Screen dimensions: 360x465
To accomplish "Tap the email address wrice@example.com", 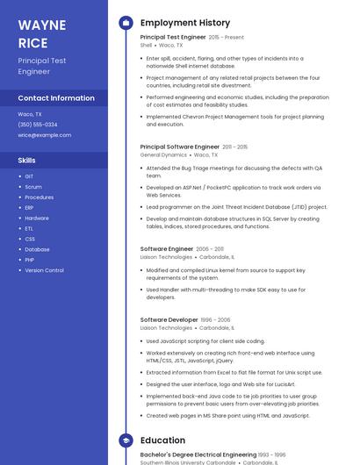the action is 44,135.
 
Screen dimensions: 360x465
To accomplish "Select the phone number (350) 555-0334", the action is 38,125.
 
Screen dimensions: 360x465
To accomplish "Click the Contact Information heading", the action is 56,98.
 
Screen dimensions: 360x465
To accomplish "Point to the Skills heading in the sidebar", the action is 27,161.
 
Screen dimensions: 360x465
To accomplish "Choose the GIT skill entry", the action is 29,176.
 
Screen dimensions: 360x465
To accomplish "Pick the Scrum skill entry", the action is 33,187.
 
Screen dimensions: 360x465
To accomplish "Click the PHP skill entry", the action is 29,260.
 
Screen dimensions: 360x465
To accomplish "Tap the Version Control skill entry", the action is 44,270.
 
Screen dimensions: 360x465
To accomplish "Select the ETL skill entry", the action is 29,228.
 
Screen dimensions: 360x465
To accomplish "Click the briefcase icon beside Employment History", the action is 125,23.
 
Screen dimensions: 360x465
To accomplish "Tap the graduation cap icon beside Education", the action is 125,440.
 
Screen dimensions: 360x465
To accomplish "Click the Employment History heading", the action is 185,23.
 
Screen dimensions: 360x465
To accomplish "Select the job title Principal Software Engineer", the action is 179,147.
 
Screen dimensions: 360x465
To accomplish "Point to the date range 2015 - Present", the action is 227,38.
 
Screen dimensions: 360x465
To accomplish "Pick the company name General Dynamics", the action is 163,155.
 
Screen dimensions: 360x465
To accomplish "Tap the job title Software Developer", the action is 169,320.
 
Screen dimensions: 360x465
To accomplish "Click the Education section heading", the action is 162,440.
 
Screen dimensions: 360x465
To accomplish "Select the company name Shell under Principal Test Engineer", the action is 146,45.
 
